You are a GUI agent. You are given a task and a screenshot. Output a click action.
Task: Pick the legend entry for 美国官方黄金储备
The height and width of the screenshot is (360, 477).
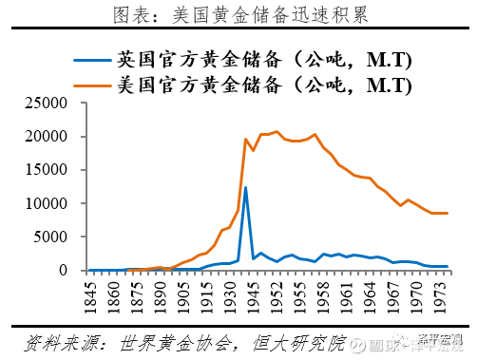point(260,85)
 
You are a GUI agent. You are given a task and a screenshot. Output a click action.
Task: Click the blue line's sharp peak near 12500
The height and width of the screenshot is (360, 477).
point(245,187)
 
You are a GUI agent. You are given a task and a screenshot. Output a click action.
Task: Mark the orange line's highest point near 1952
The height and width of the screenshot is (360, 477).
point(277,132)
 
